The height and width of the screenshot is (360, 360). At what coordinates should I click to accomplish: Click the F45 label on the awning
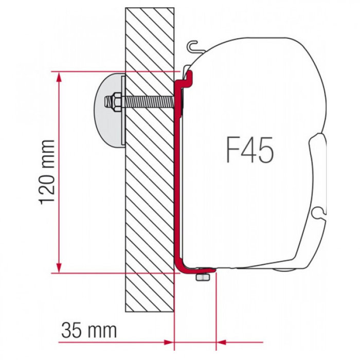[249, 150]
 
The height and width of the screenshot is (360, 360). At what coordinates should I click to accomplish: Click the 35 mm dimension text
[88, 330]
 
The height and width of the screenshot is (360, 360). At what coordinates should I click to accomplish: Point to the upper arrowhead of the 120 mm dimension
[60, 77]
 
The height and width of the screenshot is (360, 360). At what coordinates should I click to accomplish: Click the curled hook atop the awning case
[194, 47]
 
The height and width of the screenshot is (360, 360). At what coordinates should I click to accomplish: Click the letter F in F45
[231, 150]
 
